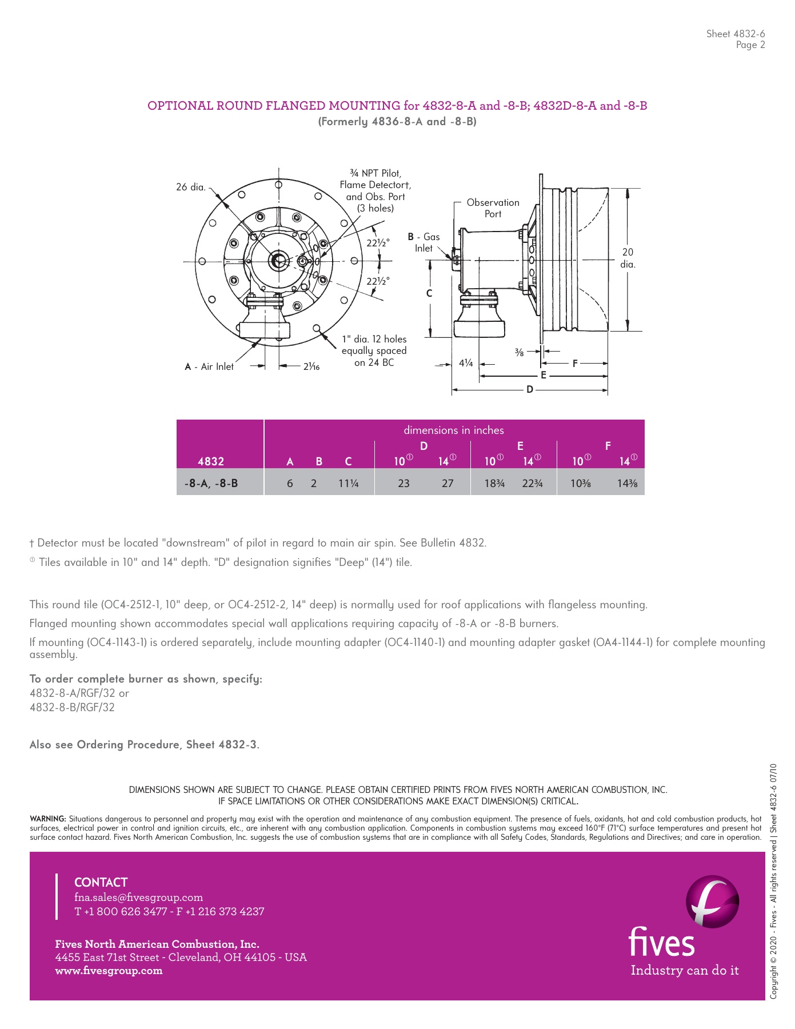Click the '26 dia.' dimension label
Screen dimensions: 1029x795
coord(190,187)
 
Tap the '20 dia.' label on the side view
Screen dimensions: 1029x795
coord(628,258)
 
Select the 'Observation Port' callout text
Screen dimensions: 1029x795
coord(493,208)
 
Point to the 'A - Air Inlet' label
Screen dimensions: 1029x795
coord(209,366)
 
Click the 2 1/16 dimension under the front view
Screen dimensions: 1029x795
coord(311,366)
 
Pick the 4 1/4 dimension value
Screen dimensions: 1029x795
coord(466,363)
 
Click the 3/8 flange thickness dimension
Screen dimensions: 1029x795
coord(519,352)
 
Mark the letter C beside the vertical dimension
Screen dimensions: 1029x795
coord(429,293)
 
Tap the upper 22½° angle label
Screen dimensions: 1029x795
coord(378,242)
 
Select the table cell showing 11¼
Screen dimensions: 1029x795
coord(348,483)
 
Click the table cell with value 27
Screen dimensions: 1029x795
coord(448,483)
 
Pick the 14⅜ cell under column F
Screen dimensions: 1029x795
coord(627,483)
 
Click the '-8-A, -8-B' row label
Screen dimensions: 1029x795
coord(211,483)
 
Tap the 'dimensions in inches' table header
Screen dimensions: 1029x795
coord(454,430)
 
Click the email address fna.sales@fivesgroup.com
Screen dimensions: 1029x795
coord(138,897)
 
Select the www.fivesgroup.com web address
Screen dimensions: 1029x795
coord(109,970)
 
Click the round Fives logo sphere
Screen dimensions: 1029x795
coord(712,902)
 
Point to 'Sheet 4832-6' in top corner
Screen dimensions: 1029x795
coord(735,34)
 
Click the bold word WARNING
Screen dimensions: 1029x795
coord(47,819)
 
